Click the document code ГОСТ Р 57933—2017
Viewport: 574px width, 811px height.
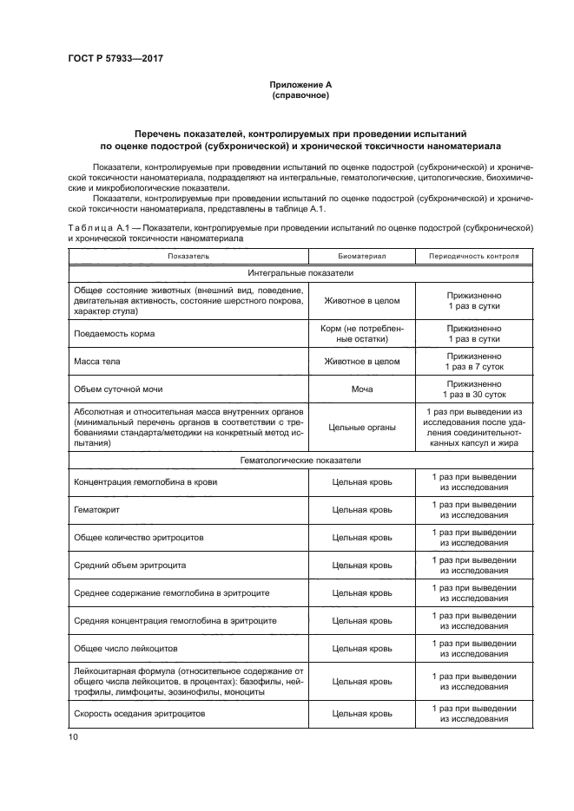115,58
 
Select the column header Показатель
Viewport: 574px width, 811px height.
188,257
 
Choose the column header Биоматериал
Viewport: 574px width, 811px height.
361,257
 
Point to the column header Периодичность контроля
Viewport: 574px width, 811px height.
474,257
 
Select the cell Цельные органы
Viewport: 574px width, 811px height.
361,426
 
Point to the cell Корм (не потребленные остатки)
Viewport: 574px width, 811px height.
361,334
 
